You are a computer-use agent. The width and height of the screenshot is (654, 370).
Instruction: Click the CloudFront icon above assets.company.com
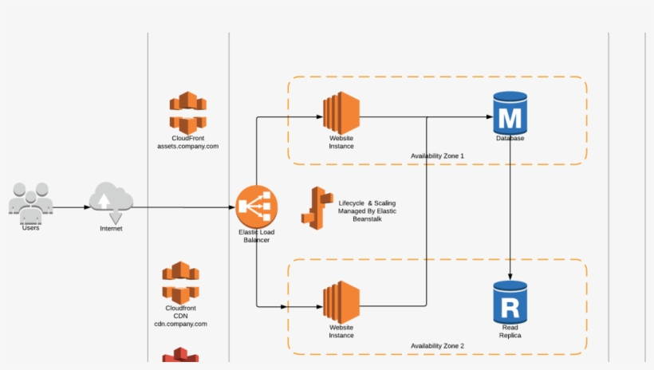coord(187,112)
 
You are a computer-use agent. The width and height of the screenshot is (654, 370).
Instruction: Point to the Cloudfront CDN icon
coord(180,282)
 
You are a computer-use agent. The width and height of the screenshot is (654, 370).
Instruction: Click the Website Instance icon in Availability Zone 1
coord(341,112)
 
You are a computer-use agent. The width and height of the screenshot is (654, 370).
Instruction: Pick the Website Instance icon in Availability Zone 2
coord(341,301)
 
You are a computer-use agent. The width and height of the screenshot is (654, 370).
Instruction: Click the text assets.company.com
coord(187,147)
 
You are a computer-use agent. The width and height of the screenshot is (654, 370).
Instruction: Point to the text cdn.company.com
coord(180,324)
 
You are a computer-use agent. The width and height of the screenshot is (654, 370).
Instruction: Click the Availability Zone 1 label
coord(437,155)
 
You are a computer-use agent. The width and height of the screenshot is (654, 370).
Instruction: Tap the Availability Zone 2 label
coord(437,346)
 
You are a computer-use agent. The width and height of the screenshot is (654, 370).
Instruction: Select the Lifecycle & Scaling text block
coord(367,211)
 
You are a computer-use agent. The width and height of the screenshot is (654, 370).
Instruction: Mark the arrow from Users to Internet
coord(72,207)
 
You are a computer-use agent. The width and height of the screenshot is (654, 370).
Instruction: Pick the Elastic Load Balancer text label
coord(257,236)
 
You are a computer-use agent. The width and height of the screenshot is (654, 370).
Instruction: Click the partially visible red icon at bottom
coord(180,358)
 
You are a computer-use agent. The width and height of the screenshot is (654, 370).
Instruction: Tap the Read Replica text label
coord(510,332)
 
